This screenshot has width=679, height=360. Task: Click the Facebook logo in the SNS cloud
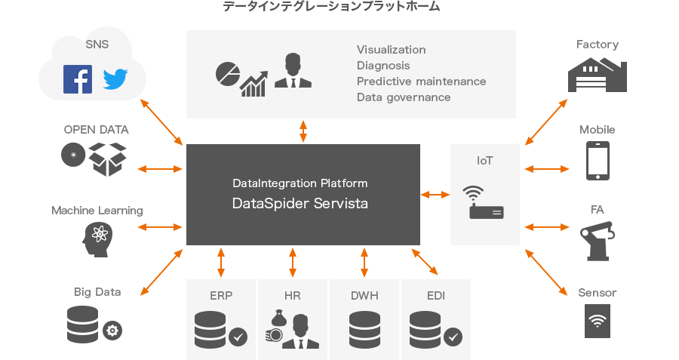click(x=78, y=79)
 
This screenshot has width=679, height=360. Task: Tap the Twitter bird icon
click(x=116, y=79)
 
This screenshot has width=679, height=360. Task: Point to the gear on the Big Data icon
click(x=112, y=330)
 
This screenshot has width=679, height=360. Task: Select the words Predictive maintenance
click(x=421, y=81)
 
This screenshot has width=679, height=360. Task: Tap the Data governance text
click(x=404, y=97)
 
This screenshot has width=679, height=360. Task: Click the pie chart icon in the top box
click(x=227, y=73)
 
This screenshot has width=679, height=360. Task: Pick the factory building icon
click(x=598, y=74)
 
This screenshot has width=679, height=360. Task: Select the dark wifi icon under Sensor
click(x=598, y=322)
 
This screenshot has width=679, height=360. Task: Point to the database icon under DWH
click(x=364, y=329)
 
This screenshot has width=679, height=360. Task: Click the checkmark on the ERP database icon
click(x=238, y=336)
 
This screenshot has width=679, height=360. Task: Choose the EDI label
click(x=435, y=295)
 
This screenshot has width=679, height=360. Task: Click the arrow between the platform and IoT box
click(x=435, y=195)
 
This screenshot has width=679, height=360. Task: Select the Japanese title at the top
click(x=331, y=7)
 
